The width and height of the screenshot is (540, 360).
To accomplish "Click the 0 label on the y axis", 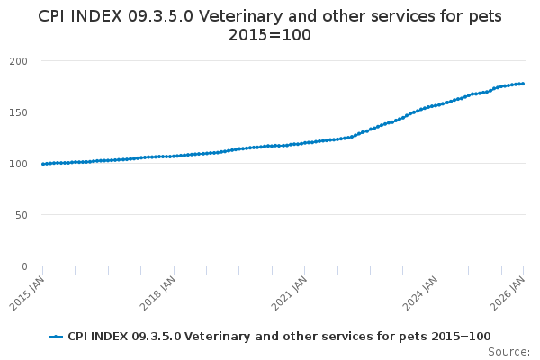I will [x=31, y=266].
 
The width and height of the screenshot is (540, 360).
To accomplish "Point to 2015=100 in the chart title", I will [x=270, y=36].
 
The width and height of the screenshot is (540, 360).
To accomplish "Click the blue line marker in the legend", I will [x=57, y=337].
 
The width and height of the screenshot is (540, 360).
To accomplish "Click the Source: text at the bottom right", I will [x=508, y=352].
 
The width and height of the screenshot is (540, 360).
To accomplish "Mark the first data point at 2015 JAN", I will [x=42, y=164].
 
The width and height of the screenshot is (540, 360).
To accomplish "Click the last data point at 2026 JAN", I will [x=523, y=84].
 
